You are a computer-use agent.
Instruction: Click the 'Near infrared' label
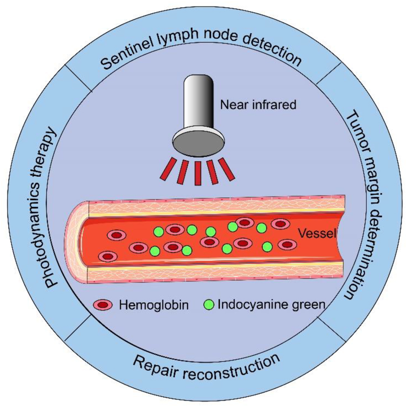click(258, 104)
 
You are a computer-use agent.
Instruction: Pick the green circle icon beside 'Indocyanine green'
click(209, 305)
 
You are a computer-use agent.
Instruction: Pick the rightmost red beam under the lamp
click(229, 168)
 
